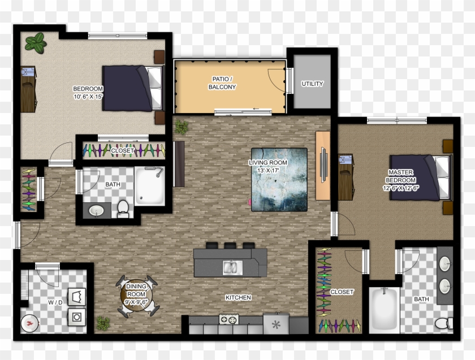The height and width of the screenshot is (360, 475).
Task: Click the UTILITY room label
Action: [312, 84]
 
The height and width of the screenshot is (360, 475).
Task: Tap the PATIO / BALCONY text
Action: [222, 83]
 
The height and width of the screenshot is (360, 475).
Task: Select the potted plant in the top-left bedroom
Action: [36, 42]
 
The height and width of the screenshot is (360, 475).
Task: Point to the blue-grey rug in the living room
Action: [279, 179]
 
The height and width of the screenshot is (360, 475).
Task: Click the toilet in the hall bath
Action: [123, 209]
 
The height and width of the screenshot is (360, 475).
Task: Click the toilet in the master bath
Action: [443, 323]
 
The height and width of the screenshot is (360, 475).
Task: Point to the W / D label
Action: [55, 302]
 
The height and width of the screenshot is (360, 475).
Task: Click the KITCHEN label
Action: [237, 297]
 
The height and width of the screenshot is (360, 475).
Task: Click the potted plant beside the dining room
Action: [103, 323]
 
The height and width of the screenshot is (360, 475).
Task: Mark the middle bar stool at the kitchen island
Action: [230, 246]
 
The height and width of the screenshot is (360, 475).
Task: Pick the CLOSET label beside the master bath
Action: [342, 292]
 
